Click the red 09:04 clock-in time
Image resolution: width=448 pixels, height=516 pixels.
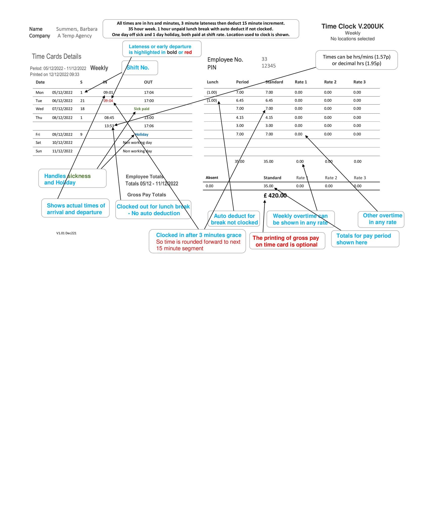pyautogui.click(x=108, y=101)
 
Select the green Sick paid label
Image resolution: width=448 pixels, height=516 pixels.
pyautogui.click(x=142, y=109)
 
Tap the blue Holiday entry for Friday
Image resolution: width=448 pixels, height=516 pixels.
pyautogui.click(x=142, y=135)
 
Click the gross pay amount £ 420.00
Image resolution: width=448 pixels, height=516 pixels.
pyautogui.click(x=275, y=196)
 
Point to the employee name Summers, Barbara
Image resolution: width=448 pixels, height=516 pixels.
pyautogui.click(x=77, y=29)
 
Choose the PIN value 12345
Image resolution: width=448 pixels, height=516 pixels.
pyautogui.click(x=268, y=66)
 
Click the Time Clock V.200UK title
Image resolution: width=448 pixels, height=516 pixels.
pyautogui.click(x=352, y=26)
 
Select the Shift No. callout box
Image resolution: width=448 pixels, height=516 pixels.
pyautogui.click(x=140, y=68)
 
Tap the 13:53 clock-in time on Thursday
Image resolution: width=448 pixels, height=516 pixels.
pyautogui.click(x=109, y=126)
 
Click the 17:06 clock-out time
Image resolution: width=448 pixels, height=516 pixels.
pyautogui.click(x=149, y=126)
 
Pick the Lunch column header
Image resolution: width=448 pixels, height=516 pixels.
pyautogui.click(x=212, y=82)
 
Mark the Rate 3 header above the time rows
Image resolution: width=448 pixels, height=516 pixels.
pyautogui.click(x=359, y=82)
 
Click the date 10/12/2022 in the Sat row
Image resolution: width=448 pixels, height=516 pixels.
pyautogui.click(x=62, y=143)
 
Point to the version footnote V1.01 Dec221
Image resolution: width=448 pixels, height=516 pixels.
pyautogui.click(x=66, y=233)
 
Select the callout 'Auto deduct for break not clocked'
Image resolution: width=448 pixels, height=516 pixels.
pyautogui.click(x=234, y=219)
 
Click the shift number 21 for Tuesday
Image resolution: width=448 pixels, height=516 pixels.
pyautogui.click(x=82, y=101)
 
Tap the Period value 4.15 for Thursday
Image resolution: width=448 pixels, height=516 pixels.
pyautogui.click(x=240, y=118)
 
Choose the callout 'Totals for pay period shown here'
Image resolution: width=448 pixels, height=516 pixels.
pyautogui.click(x=365, y=239)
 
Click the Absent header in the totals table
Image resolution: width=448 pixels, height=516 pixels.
pyautogui.click(x=212, y=178)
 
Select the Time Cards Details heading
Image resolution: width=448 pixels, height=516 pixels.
pyautogui.click(x=57, y=57)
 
